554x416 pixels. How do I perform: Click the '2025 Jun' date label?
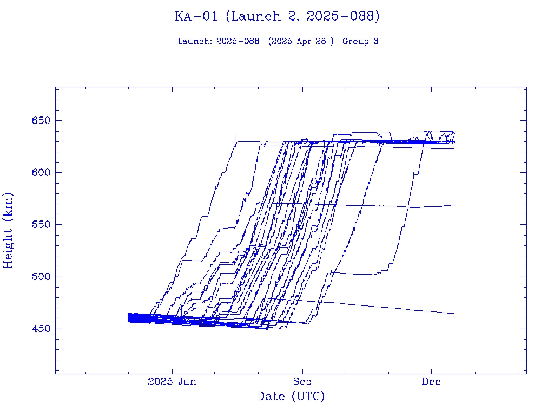(172, 381)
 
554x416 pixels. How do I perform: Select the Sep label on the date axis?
(302, 381)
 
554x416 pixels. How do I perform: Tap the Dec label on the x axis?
(431, 381)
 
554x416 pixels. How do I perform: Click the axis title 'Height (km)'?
(9, 230)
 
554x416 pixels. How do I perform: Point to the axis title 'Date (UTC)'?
(291, 396)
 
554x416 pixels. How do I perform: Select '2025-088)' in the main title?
(343, 16)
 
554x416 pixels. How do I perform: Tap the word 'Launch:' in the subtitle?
(195, 41)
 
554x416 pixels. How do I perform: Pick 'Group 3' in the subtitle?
(360, 41)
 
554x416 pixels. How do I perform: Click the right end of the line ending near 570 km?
(454, 205)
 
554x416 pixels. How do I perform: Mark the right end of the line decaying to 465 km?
(454, 314)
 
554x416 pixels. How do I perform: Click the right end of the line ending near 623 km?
(454, 148)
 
